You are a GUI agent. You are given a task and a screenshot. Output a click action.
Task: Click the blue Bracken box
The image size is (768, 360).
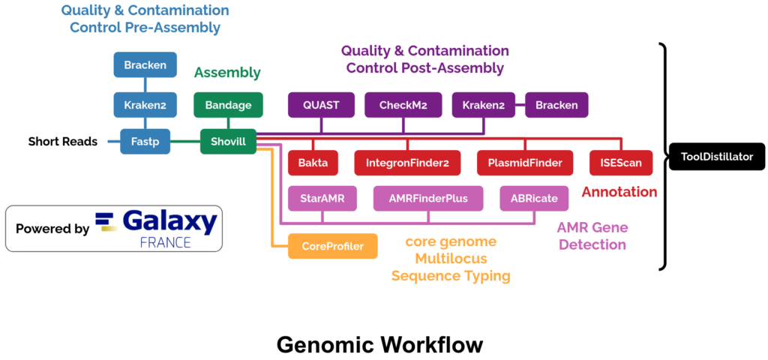145,65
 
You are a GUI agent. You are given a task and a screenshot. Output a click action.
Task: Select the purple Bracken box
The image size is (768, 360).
556,105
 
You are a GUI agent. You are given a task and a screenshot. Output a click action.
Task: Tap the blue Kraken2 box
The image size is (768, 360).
145,105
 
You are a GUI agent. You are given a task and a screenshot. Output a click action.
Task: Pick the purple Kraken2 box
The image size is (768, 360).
483,105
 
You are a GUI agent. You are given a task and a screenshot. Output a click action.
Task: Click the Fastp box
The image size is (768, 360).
145,141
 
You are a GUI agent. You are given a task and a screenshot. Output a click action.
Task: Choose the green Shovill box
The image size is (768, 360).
228,141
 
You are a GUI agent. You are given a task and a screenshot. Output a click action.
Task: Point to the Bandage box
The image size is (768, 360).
228,105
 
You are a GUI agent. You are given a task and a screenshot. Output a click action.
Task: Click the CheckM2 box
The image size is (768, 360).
403,105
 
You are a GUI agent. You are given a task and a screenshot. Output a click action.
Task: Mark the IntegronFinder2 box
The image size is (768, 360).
407,161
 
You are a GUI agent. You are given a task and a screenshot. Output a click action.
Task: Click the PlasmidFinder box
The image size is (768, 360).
525,161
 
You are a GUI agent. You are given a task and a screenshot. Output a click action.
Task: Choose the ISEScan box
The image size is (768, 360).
621,161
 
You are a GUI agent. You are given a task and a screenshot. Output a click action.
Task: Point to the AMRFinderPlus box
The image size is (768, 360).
428,199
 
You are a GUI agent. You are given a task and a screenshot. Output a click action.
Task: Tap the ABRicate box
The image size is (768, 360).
535,199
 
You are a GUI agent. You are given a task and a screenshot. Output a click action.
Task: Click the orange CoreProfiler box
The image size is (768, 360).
332,246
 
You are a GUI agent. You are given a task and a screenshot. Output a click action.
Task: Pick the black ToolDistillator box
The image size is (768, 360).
716,156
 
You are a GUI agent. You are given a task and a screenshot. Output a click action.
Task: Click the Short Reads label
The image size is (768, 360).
63,141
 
